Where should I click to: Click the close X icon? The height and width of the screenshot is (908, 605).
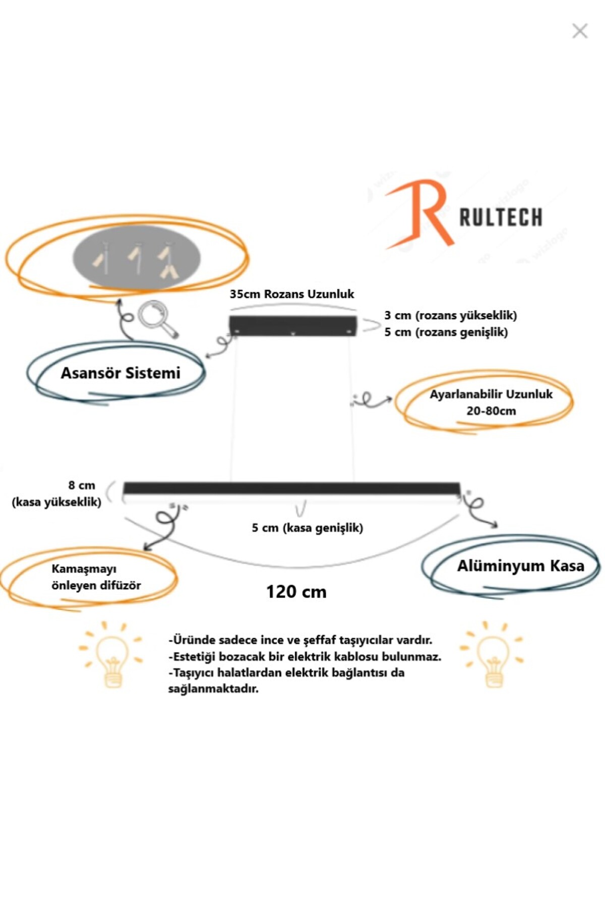[580, 31]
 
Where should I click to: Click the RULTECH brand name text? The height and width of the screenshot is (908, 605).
[501, 218]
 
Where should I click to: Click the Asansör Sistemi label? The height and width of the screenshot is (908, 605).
[120, 373]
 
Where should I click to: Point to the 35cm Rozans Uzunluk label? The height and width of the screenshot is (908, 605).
[292, 294]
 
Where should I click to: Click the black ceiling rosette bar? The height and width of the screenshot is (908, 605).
[293, 325]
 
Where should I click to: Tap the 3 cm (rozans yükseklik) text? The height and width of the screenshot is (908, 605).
[450, 316]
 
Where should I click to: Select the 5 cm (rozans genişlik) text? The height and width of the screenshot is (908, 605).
[446, 332]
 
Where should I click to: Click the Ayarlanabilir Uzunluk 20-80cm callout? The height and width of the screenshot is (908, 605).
[491, 402]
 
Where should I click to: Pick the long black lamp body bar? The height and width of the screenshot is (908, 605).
[291, 488]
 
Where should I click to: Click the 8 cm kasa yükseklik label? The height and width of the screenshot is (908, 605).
[56, 493]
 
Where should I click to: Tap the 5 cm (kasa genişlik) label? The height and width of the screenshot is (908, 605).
[307, 528]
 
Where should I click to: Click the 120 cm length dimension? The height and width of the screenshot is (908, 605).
[296, 592]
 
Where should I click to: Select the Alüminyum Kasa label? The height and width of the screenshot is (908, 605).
[520, 566]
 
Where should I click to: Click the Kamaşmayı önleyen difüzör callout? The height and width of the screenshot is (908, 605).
[96, 577]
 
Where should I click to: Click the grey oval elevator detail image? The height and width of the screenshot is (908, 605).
[137, 257]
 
